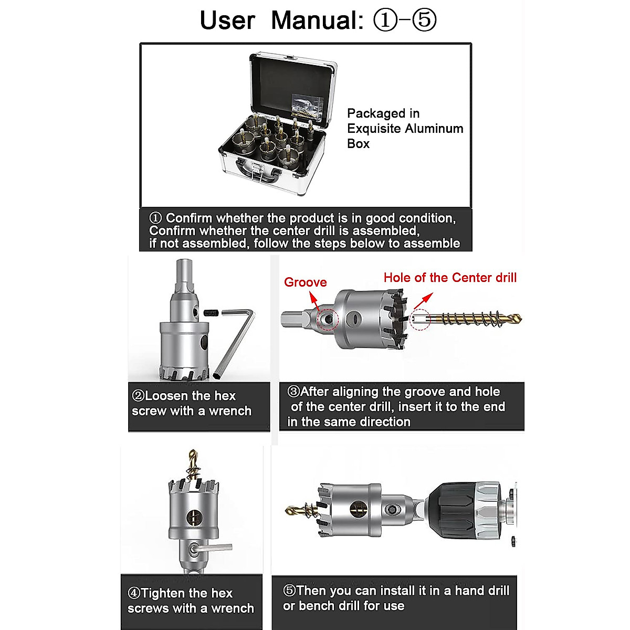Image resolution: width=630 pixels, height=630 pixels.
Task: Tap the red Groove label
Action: point(305,282)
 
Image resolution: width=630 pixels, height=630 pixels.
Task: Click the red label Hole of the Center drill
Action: point(450,278)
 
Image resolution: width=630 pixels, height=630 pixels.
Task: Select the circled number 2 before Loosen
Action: point(139,396)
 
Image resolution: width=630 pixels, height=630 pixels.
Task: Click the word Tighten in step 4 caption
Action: point(163,593)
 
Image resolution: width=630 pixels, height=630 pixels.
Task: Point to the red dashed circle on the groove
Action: point(329,319)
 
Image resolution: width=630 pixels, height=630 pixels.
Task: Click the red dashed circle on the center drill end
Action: point(420,319)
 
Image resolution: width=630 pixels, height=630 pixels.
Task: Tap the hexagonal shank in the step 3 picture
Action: point(292,319)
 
